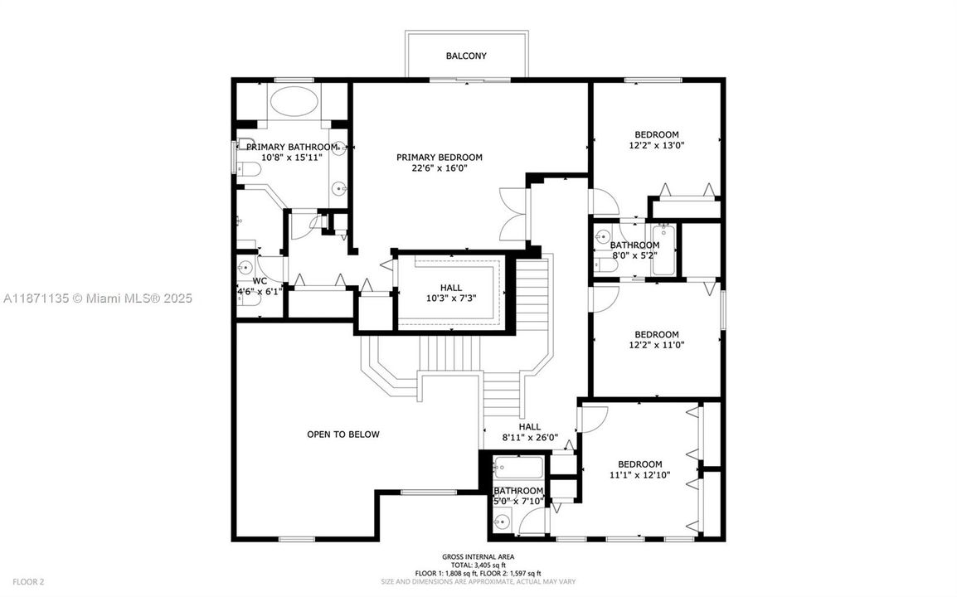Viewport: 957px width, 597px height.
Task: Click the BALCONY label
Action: (x=466, y=56)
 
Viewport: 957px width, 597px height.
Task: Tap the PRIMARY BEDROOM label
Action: (x=439, y=158)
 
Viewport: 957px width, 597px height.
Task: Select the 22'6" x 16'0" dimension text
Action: (x=439, y=168)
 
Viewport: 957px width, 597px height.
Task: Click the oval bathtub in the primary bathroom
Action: (x=293, y=105)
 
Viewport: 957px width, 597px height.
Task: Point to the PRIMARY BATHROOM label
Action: (x=292, y=147)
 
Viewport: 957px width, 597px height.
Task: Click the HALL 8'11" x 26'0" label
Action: (x=530, y=432)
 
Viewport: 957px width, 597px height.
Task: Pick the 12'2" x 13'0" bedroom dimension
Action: (x=656, y=145)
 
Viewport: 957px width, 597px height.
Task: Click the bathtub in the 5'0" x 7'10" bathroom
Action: (x=517, y=468)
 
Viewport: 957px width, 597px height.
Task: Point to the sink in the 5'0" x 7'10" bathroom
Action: (x=501, y=522)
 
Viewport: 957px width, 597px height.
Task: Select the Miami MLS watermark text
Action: (x=96, y=298)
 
